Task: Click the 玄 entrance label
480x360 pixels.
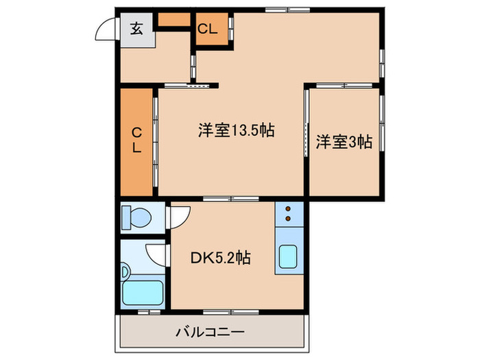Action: (136, 29)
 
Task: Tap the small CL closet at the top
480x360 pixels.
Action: (208, 29)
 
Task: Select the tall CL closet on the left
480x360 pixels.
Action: (136, 141)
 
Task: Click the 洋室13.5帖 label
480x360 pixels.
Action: (237, 130)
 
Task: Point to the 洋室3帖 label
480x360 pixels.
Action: (344, 143)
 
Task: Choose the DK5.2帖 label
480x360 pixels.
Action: (220, 258)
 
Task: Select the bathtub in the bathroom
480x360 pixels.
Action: (143, 294)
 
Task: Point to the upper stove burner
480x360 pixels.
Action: (289, 209)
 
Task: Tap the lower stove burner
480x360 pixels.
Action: (289, 219)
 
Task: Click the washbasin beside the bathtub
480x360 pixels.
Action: (125, 269)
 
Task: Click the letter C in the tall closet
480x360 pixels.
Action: (136, 132)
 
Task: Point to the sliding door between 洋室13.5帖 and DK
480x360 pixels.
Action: (230, 198)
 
